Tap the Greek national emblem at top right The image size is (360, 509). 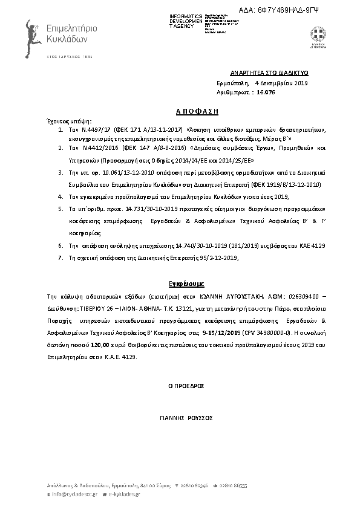point(317,34)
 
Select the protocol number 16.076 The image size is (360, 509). point(266,92)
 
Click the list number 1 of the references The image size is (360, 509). point(60,130)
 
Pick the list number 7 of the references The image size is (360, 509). point(60,258)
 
